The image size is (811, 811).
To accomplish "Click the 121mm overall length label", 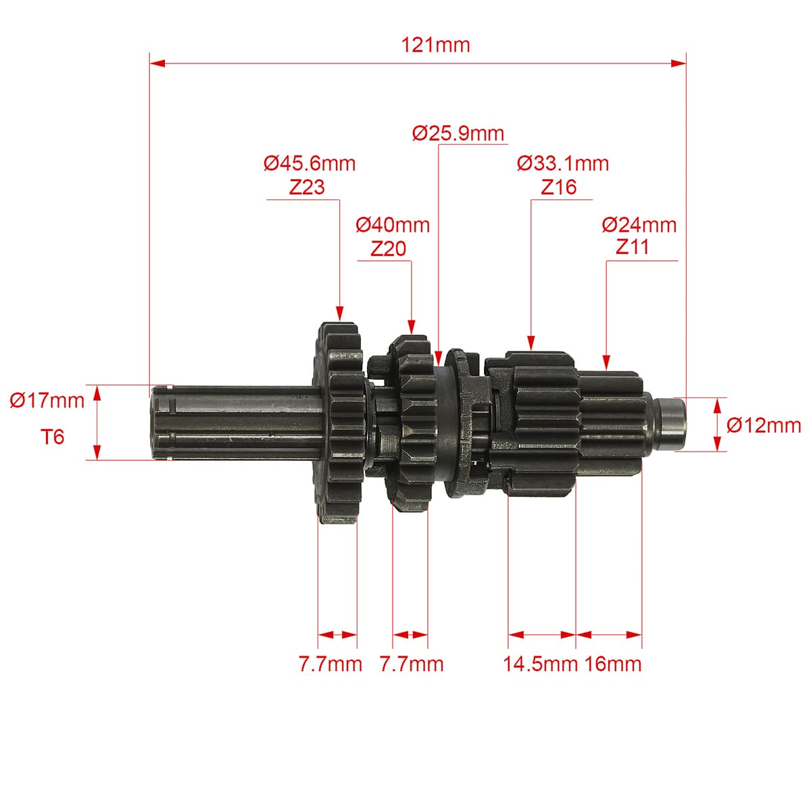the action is (x=435, y=45).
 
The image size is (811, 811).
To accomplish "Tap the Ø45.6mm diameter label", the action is (x=310, y=164).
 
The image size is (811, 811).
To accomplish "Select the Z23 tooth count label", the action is (x=307, y=187).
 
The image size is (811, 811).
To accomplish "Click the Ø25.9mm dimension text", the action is (x=458, y=133).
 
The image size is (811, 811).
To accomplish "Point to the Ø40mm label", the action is (x=392, y=225).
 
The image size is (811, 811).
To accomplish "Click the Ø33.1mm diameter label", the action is (x=563, y=164).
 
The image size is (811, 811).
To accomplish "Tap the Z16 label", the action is (x=558, y=187).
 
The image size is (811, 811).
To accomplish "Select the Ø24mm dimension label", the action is (x=639, y=225).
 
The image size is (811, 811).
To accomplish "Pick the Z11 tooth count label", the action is (x=632, y=247).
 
